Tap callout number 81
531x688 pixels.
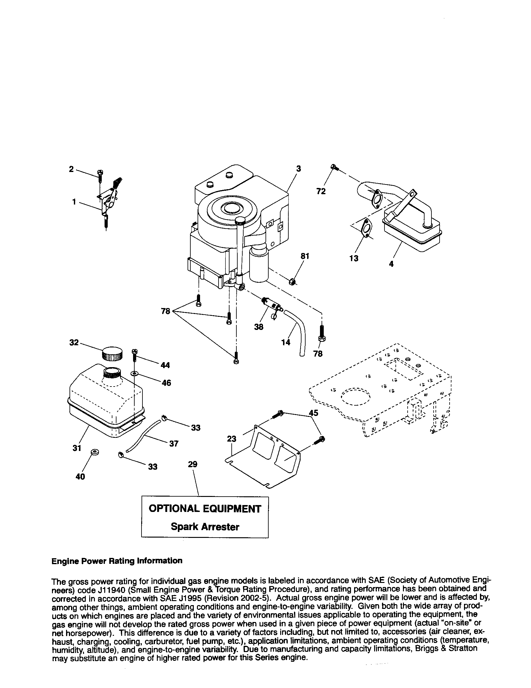(x=305, y=256)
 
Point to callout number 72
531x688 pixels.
(x=321, y=191)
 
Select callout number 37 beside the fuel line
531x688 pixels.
(x=174, y=443)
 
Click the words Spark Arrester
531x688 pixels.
(x=205, y=527)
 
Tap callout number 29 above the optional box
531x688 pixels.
(x=193, y=464)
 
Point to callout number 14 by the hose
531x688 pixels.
(x=286, y=342)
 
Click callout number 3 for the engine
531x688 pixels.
(x=298, y=169)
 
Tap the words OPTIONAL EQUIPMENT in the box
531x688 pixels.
(x=205, y=509)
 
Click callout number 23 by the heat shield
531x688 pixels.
(x=231, y=439)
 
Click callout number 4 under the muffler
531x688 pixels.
(x=391, y=264)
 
